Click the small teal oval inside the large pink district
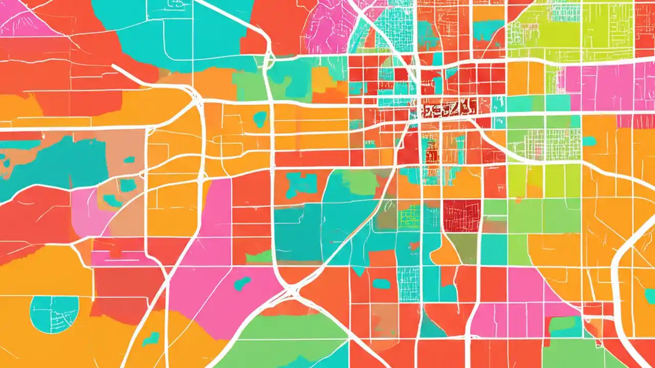(x=242, y=283)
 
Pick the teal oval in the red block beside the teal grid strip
(x=381, y=283)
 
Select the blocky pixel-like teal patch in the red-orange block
(x=301, y=183)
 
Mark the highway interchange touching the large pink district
(x=291, y=292)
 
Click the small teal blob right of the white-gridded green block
(x=589, y=141)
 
